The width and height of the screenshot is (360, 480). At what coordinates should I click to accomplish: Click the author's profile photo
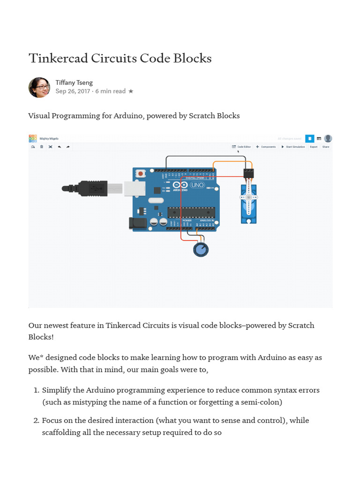click(x=39, y=87)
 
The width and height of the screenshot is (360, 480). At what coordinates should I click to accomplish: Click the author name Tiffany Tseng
click(x=74, y=82)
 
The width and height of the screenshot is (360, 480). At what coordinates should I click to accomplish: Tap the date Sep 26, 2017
click(x=73, y=91)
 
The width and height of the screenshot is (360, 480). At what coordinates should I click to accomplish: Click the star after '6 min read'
click(x=131, y=91)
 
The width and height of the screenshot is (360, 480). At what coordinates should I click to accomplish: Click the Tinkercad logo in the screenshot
click(x=33, y=138)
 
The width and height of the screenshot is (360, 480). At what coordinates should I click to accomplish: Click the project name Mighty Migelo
click(x=49, y=139)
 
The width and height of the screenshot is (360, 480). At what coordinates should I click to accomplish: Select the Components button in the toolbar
click(x=266, y=147)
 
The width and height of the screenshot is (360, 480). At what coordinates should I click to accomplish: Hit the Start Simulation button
click(x=293, y=147)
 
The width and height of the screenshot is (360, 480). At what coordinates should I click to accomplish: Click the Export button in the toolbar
click(x=313, y=147)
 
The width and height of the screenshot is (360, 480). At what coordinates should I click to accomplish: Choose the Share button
click(x=325, y=147)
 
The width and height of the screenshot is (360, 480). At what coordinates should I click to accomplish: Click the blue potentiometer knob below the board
click(x=201, y=250)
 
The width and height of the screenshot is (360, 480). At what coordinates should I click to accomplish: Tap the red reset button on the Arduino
click(x=140, y=174)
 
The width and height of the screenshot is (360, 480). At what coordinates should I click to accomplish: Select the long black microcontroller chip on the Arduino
click(x=191, y=212)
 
